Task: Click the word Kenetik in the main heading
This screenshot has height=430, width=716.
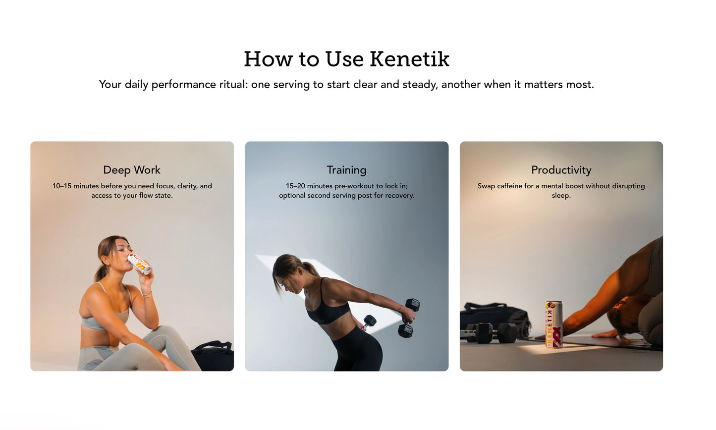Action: [409, 59]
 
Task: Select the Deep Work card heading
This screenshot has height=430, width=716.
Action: [132, 170]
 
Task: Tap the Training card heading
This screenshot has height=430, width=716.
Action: [346, 170]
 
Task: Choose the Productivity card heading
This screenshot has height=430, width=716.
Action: [561, 170]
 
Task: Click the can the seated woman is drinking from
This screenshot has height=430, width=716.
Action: [139, 263]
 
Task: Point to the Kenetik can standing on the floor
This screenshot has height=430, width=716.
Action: [553, 324]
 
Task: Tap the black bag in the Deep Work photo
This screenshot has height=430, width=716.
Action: [214, 356]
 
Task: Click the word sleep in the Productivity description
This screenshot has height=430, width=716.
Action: [560, 196]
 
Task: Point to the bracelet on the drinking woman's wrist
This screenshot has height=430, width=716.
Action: [147, 295]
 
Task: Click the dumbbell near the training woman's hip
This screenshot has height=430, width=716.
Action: [369, 322]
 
